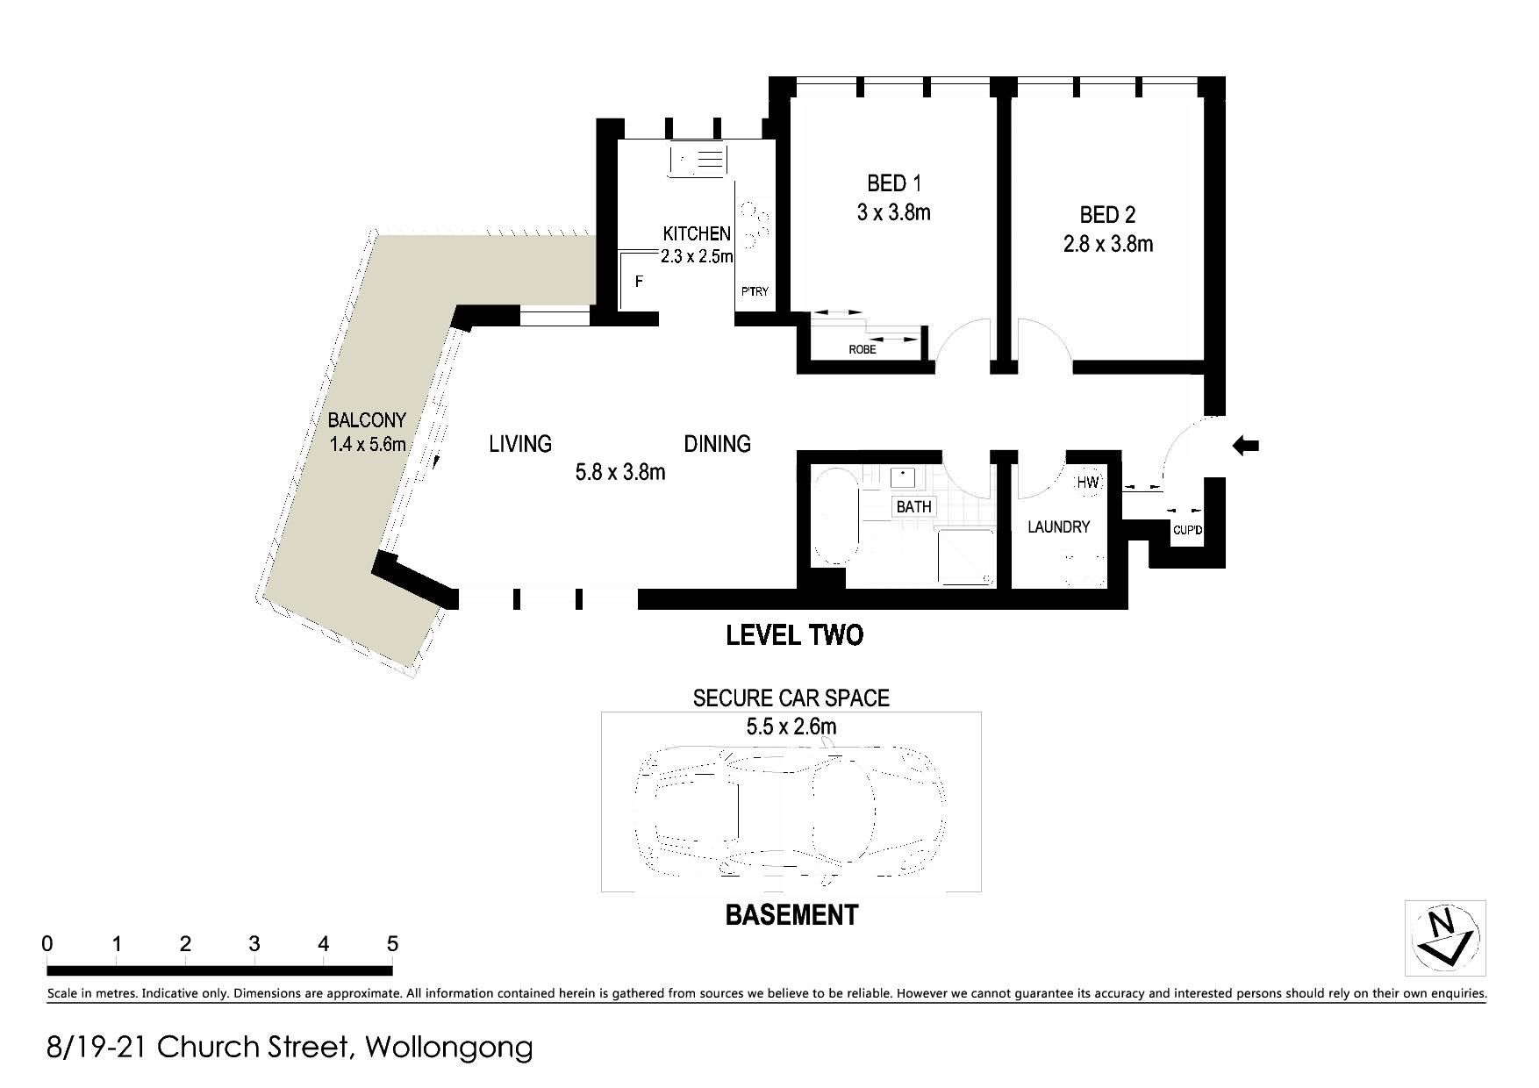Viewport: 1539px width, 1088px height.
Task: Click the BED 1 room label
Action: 894,183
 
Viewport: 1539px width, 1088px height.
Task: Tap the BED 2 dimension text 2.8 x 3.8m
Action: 1108,244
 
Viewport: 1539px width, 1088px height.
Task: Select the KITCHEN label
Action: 697,233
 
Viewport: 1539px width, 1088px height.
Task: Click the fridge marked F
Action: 639,282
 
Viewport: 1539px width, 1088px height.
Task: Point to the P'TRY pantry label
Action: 755,291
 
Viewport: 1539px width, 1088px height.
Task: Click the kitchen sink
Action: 698,161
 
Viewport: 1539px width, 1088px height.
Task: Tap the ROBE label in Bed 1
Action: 863,349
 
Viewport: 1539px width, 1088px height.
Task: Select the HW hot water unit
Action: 1088,482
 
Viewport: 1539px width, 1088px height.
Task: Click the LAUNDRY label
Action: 1058,526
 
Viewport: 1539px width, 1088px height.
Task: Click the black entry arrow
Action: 1246,446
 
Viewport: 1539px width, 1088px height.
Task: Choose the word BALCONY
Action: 367,420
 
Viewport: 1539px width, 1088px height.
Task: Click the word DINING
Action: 718,444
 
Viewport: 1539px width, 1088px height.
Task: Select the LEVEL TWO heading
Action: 795,635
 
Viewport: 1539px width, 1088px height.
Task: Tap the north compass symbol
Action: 1445,938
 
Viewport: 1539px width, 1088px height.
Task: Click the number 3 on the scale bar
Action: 254,944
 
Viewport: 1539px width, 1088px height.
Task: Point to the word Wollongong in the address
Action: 448,1048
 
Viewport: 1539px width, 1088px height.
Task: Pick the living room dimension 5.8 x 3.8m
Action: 620,472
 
